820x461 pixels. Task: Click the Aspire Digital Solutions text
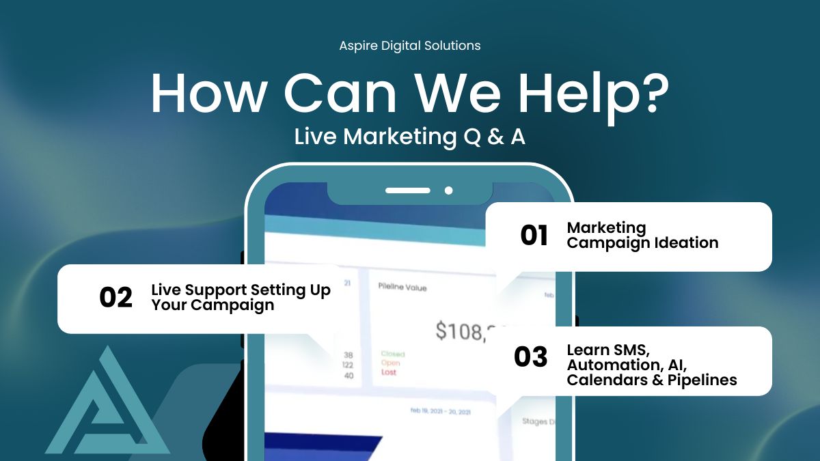[x=410, y=46]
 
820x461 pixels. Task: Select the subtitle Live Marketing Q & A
[x=410, y=137]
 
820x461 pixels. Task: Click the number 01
[x=534, y=236]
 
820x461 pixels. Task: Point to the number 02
[x=115, y=298]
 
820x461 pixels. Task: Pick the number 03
[x=531, y=357]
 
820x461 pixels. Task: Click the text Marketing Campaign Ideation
[x=642, y=235]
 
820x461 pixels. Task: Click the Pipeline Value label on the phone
[x=402, y=288]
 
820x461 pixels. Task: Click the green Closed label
[x=393, y=354]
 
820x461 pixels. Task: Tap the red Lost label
[x=389, y=372]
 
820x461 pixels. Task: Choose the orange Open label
[x=390, y=363]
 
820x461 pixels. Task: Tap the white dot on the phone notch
[x=449, y=191]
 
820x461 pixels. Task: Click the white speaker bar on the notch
[x=408, y=191]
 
